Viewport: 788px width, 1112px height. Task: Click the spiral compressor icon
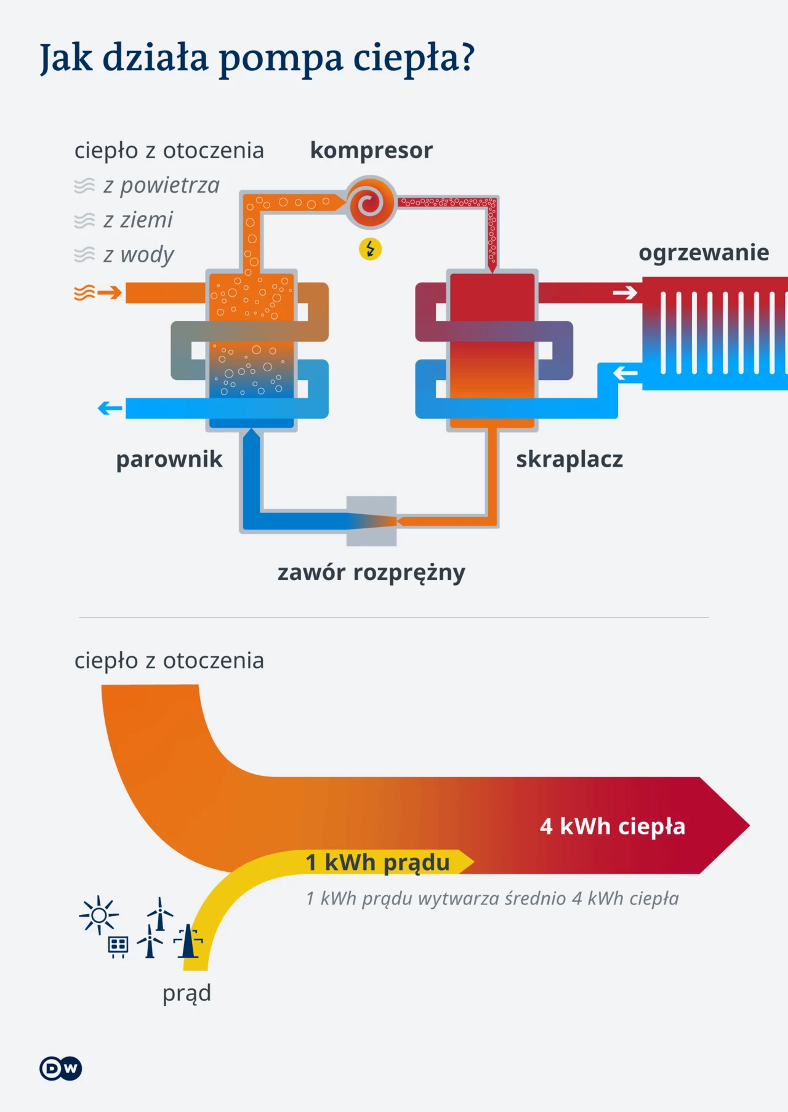370,203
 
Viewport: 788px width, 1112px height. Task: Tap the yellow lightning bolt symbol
370,249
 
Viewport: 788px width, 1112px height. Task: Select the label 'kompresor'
371,151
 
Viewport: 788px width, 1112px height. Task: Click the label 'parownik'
169,460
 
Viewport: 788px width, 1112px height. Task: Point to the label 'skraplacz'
569,460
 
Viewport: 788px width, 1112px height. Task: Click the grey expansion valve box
372,521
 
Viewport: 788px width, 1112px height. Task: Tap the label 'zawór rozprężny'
371,573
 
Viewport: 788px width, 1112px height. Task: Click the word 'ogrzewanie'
704,253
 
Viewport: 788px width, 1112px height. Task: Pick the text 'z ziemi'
138,220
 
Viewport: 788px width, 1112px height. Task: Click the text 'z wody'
139,255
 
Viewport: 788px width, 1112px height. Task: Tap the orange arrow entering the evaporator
110,292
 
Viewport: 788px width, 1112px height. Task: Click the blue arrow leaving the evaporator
110,408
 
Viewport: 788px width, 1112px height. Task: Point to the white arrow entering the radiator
625,292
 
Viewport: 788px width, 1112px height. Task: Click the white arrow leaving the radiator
625,373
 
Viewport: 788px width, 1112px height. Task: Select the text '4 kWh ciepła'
613,826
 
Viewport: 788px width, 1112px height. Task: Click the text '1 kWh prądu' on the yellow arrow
377,863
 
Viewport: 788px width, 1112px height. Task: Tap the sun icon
98,916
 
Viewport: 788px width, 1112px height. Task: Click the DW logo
61,1068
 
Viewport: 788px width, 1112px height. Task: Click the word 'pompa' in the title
281,59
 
